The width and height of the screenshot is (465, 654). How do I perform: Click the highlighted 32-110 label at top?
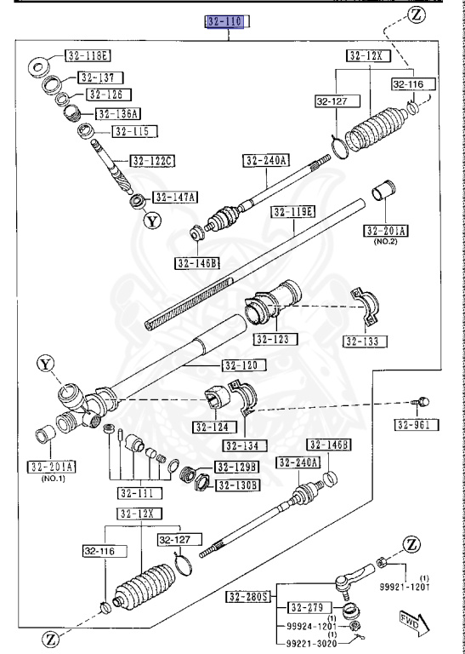pos(224,21)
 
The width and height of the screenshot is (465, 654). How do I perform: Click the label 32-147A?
pos(174,198)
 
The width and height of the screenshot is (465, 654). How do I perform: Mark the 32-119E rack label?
pos(294,212)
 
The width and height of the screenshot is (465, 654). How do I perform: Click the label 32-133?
pos(364,341)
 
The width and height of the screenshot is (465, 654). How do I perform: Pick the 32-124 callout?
pos(213,427)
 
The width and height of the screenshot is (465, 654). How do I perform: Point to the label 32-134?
pos(245,445)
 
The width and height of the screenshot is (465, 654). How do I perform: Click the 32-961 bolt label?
pos(416,424)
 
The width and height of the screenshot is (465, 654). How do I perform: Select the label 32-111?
pos(136,492)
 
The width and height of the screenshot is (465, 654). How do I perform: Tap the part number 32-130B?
pos(238,485)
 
